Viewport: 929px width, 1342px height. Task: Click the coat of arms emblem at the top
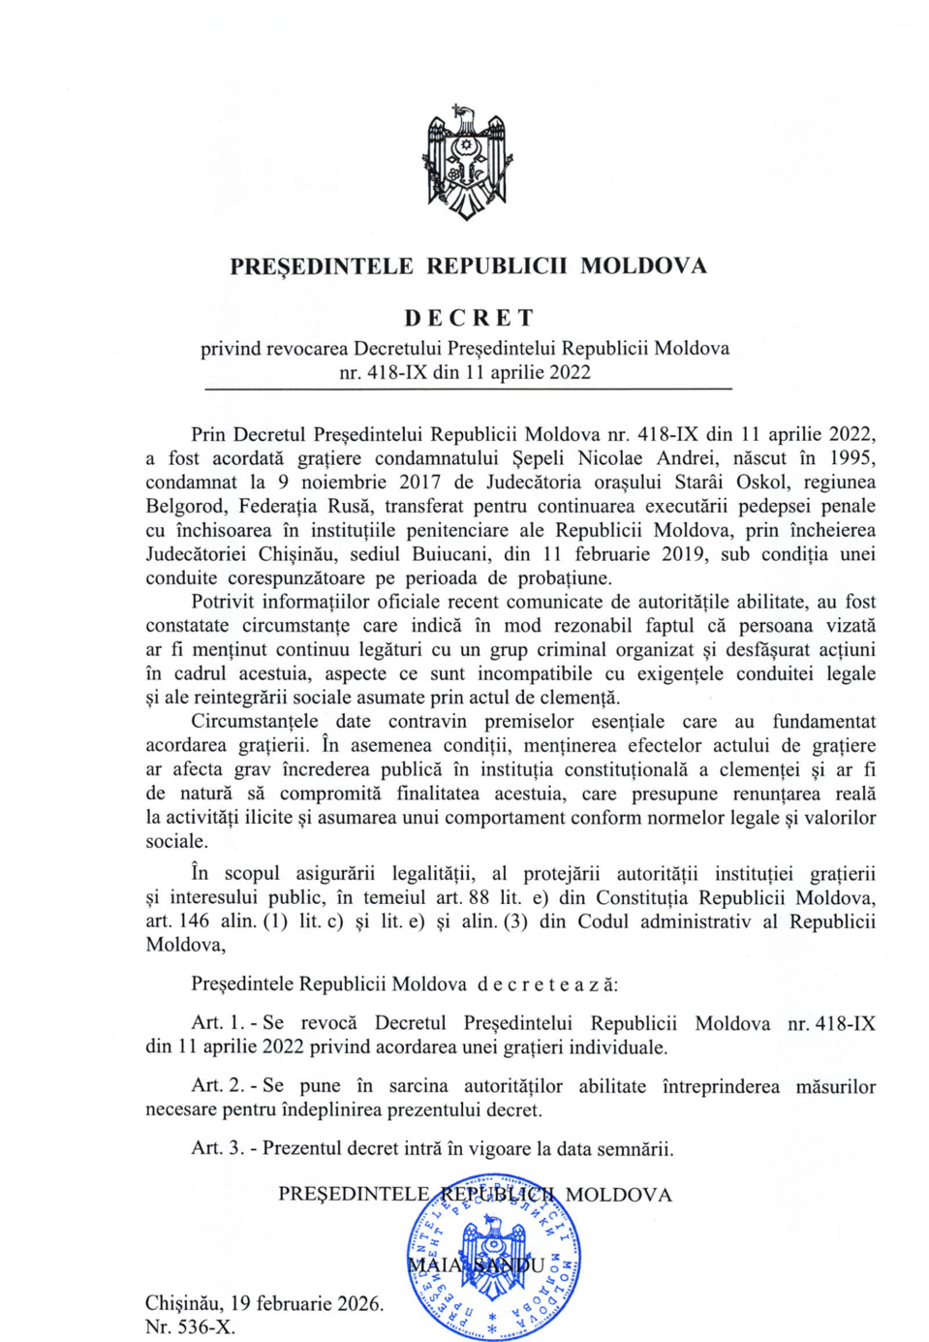click(468, 163)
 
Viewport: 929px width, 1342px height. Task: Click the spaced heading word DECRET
click(469, 318)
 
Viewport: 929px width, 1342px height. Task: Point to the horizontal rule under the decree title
click(468, 389)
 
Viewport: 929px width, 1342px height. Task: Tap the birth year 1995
click(852, 458)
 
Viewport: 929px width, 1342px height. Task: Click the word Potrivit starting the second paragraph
click(223, 602)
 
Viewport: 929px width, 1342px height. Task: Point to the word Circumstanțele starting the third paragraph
click(254, 722)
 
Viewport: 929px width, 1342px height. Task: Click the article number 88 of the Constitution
click(479, 898)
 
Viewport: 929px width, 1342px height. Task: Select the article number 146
click(194, 921)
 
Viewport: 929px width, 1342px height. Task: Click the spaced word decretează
click(546, 984)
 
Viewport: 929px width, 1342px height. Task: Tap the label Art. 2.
click(217, 1086)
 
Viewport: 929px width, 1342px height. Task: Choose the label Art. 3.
click(217, 1149)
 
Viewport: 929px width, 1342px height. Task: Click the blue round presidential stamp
click(495, 1259)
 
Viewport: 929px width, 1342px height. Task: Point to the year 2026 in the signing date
click(357, 1304)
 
